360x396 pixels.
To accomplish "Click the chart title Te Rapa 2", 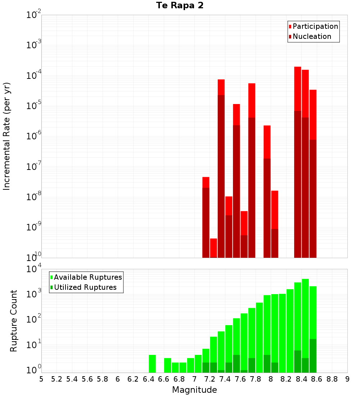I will point(180,6).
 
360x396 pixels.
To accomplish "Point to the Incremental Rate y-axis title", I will point(7,136).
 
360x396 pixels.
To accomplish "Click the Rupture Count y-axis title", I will point(14,321).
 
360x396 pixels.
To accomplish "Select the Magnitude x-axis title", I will point(194,390).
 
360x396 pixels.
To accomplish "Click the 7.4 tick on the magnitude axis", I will point(225,379).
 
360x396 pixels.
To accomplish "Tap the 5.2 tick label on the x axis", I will point(57,379).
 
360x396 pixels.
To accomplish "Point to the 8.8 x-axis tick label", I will point(332,379).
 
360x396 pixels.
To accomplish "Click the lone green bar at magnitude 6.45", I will point(152,364).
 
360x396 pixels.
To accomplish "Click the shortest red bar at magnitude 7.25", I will point(213,248).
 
